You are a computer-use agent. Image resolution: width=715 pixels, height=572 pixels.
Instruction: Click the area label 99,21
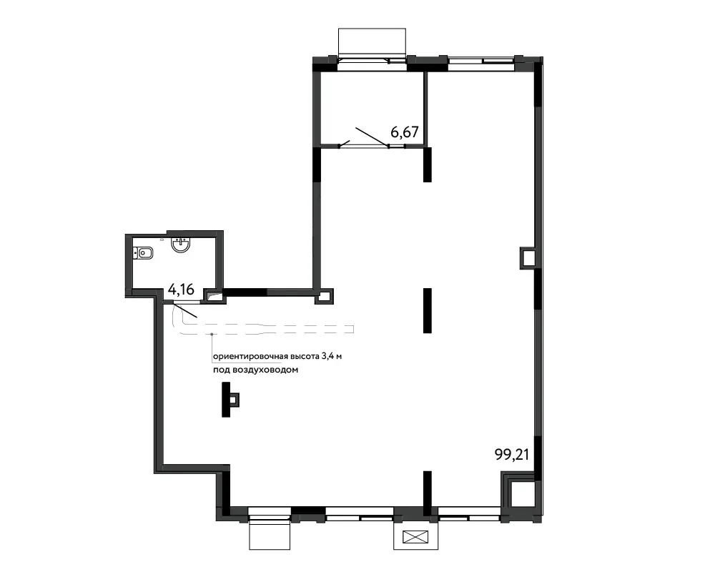[x=512, y=454]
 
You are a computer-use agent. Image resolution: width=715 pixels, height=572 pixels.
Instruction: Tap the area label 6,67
[x=405, y=132]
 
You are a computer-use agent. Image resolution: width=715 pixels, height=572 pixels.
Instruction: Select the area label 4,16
[x=181, y=289]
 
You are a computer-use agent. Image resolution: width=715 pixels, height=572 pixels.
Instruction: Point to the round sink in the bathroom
[x=181, y=245]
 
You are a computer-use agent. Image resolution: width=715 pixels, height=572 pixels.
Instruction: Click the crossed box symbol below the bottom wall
[x=416, y=537]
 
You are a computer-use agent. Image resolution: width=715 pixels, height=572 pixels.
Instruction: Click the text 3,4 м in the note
[x=332, y=356]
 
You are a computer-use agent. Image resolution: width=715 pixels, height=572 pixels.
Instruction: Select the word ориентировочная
[x=250, y=357]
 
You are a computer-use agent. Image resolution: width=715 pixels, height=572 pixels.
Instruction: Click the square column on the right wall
[x=528, y=258]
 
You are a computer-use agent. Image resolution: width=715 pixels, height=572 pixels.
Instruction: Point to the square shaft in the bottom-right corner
[x=520, y=494]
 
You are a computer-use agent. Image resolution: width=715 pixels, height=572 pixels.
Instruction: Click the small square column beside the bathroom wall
[x=324, y=296]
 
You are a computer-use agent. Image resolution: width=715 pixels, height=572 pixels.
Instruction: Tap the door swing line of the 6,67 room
[x=372, y=137]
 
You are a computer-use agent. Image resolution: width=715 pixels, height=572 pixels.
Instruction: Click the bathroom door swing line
[x=186, y=310]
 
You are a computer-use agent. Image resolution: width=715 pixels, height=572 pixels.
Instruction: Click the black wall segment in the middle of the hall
[x=428, y=310]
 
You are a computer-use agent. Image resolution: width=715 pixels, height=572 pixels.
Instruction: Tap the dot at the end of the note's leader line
[x=212, y=335]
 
